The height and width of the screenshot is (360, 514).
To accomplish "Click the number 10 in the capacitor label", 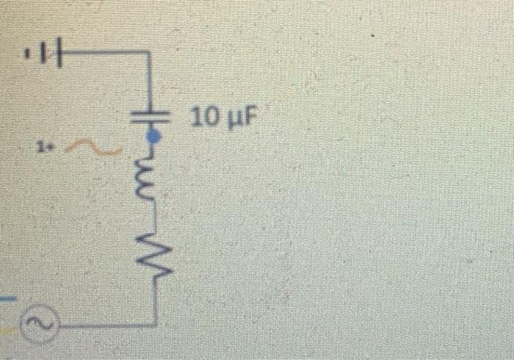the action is pyautogui.click(x=203, y=117).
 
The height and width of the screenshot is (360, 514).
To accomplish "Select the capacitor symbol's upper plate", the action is pyautogui.click(x=152, y=114).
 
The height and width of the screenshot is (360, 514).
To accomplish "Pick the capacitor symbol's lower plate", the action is pyautogui.click(x=152, y=120).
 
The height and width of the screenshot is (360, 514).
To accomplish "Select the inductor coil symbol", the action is pyautogui.click(x=151, y=176).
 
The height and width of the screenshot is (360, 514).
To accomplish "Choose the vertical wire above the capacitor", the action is pyautogui.click(x=151, y=81).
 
